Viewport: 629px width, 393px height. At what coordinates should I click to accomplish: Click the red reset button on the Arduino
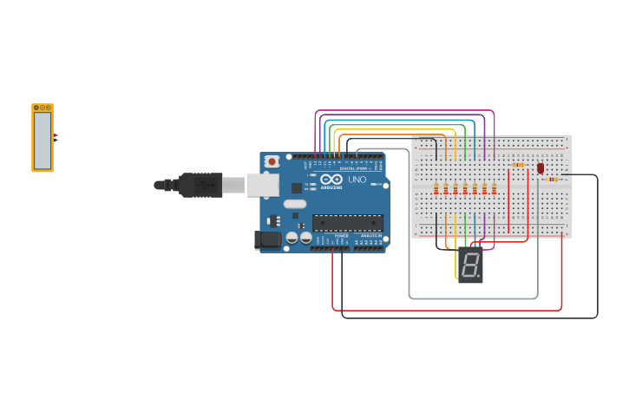point(272,161)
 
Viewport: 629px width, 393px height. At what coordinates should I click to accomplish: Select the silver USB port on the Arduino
point(263,184)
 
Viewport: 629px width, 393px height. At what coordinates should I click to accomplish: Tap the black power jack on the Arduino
point(267,239)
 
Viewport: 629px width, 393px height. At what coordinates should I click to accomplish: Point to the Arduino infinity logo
point(331,179)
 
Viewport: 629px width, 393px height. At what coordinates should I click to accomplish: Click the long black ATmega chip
point(347,223)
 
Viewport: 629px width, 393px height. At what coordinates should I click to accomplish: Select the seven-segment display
point(470,265)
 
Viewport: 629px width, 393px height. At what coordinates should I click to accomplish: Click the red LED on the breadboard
point(540,168)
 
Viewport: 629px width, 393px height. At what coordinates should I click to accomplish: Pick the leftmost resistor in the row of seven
point(436,188)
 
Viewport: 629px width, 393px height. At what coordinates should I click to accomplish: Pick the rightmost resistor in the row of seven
point(494,188)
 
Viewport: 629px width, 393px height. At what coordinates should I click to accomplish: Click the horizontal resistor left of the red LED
point(518,165)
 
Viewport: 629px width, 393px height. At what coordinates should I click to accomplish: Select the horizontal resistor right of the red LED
point(553,179)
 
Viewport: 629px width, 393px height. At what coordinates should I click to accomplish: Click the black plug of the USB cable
point(200,185)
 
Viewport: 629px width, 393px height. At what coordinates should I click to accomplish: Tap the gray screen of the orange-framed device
point(43,140)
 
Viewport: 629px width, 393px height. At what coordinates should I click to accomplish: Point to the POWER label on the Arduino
point(341,235)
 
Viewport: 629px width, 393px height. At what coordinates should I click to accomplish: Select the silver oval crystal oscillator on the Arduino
point(295,203)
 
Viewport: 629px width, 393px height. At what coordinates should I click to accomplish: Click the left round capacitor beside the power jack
point(292,237)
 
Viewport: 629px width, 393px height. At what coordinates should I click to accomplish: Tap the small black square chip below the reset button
point(297,187)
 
